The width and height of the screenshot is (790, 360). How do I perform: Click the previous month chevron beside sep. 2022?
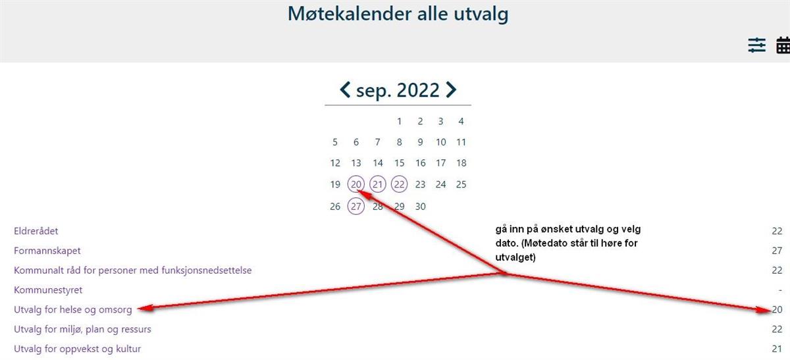[x=344, y=90]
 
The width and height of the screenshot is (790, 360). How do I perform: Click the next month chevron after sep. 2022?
[x=451, y=90]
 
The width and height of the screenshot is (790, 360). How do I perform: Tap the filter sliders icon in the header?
[x=757, y=45]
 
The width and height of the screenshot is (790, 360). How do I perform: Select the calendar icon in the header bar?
[x=783, y=45]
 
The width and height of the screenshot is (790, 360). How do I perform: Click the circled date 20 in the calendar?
[x=356, y=184]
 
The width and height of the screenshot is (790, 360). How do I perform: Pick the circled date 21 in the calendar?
[x=378, y=184]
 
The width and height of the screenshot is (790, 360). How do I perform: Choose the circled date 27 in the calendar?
[x=356, y=206]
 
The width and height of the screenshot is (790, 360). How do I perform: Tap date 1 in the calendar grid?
[x=399, y=121]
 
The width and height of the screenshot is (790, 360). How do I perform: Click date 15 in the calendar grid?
[x=399, y=163]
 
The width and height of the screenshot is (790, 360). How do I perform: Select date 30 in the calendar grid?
[x=420, y=206]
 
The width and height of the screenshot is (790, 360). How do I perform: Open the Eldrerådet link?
[x=36, y=231]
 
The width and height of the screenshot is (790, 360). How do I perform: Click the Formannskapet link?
[x=47, y=251]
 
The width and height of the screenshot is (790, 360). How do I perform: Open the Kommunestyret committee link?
[x=48, y=290]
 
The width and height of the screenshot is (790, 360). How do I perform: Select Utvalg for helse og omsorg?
[x=72, y=309]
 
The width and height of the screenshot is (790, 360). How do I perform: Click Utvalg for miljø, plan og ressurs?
[x=82, y=329]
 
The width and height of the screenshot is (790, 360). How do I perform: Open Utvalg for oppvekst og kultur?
[x=77, y=349]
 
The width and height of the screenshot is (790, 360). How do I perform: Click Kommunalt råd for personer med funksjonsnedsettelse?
[x=132, y=270]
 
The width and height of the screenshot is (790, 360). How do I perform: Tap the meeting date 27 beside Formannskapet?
[x=777, y=251]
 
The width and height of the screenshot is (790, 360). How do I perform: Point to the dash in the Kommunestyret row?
[x=780, y=290]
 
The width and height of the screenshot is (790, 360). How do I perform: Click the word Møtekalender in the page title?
[x=350, y=14]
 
